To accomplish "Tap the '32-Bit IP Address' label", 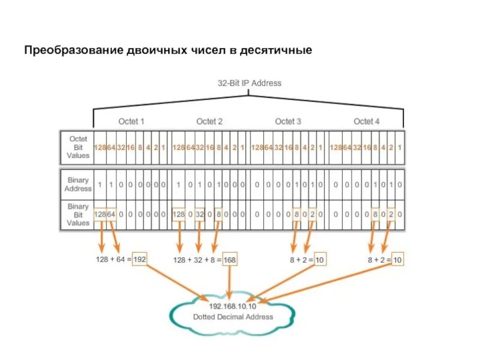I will [249, 83].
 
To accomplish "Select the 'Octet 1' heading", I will [131, 121].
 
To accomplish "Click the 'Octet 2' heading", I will [209, 121].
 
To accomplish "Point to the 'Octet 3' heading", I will [289, 121].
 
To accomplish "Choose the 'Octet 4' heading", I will [367, 121].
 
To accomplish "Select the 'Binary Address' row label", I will [78, 184].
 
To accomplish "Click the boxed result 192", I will [139, 259].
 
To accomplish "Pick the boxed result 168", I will [230, 260].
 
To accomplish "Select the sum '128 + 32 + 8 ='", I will [196, 260].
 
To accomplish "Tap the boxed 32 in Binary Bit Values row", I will [199, 214].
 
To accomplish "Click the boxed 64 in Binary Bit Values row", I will [110, 214].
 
